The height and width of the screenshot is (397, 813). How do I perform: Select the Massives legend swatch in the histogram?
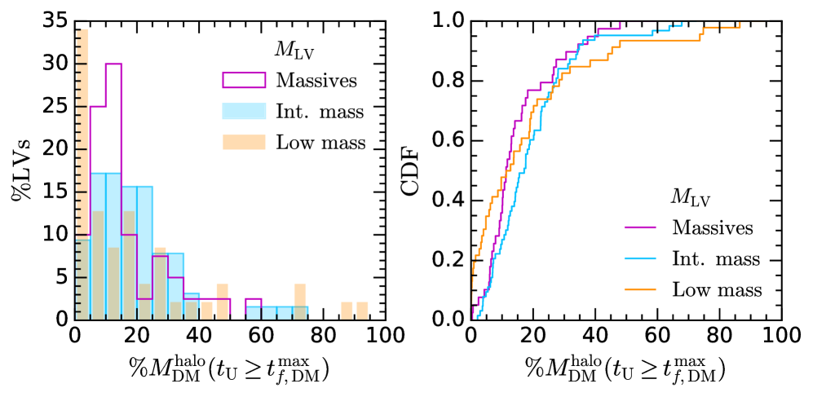pyautogui.click(x=244, y=80)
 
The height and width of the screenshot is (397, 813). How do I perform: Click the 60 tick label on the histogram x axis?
pyautogui.click(x=263, y=334)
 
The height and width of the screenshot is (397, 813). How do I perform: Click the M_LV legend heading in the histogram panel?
pyautogui.click(x=292, y=51)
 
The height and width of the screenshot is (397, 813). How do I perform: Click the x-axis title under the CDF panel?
pyautogui.click(x=625, y=371)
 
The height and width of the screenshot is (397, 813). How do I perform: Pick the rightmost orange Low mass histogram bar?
pyautogui.click(x=362, y=311)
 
